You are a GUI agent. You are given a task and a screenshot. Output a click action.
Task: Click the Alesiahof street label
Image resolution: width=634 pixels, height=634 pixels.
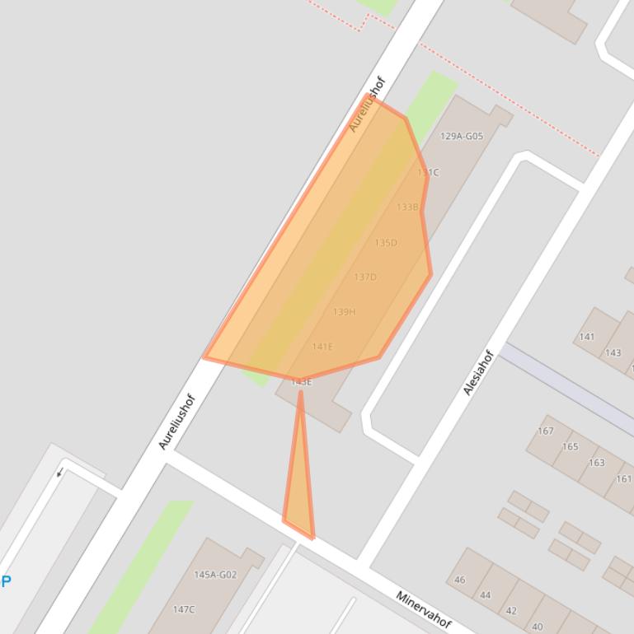coord(478,372)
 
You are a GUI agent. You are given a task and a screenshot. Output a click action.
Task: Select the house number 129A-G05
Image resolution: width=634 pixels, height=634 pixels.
coord(462,136)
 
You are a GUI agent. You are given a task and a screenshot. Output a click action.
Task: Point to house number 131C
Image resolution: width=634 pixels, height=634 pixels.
coord(428,172)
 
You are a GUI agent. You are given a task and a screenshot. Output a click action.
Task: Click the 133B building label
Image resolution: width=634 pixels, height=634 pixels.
coord(407,207)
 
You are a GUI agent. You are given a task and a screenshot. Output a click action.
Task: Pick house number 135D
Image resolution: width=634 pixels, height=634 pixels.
coord(386,243)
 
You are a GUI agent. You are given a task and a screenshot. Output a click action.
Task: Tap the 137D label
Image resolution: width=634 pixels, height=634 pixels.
coord(364,277)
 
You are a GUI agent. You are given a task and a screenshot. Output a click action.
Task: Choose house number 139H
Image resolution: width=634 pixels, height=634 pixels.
coord(344,312)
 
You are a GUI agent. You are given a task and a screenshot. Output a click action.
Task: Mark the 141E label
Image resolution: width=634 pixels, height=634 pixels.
coord(322,347)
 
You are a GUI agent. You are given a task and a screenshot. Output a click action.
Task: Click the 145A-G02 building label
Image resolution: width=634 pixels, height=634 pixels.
coord(215,575)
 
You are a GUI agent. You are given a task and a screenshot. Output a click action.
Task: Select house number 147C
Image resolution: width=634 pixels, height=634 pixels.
coord(184,609)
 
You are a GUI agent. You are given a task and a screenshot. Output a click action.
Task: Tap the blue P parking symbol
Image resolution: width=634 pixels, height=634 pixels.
coord(6,581)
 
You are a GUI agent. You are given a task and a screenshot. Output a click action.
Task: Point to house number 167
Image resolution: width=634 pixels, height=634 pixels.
coord(546,431)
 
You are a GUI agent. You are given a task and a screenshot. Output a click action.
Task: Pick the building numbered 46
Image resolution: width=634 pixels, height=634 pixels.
coord(460,580)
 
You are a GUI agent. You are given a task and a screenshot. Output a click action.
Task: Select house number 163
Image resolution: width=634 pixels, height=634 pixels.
coord(596,463)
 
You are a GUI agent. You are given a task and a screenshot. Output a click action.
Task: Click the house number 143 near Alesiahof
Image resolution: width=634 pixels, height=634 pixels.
coord(613,352)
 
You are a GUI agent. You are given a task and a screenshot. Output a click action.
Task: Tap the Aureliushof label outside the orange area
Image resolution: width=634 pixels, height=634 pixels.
coord(177,422)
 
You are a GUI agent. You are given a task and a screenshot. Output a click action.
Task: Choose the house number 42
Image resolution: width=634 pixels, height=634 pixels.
coord(511,611)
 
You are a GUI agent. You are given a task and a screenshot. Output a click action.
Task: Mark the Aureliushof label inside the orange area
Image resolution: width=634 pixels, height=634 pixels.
coord(368,105)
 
